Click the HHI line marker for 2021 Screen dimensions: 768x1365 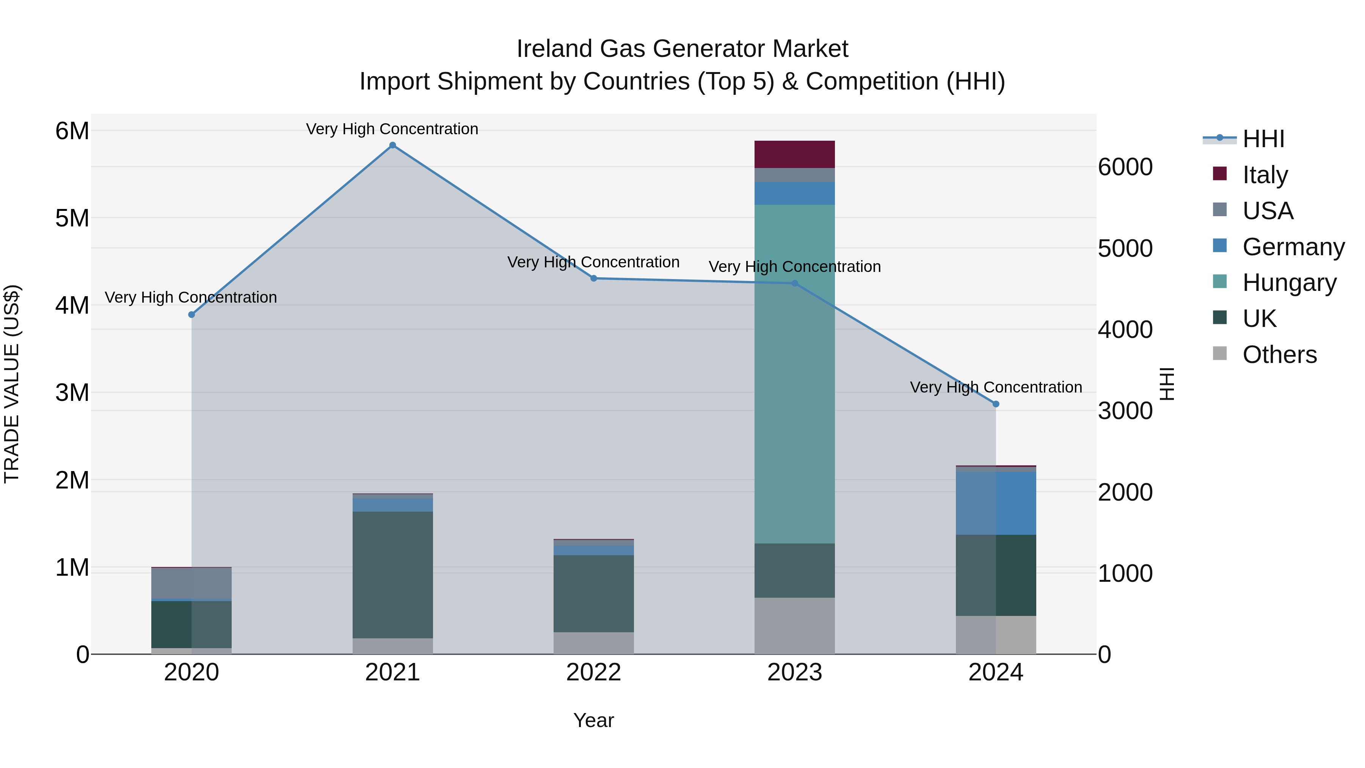point(392,145)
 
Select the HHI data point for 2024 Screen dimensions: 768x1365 point(995,404)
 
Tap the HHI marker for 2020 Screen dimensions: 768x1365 point(192,315)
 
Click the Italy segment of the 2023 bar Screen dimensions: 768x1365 point(794,154)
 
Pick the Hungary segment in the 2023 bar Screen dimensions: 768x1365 point(794,374)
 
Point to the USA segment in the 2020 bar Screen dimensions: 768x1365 point(192,583)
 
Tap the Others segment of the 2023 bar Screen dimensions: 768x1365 point(794,625)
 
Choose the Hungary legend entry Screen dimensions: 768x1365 point(1289,283)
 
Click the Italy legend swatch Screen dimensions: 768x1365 point(1219,174)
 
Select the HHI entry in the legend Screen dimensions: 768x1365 point(1263,139)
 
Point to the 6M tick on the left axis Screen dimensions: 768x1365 point(72,131)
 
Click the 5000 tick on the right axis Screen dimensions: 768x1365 point(1125,248)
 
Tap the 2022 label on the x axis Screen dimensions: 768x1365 point(593,672)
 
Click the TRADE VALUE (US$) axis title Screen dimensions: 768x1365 point(12,384)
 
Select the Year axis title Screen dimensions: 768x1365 point(593,720)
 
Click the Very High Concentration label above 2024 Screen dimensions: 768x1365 point(995,388)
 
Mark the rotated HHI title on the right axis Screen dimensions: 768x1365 point(1167,384)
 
